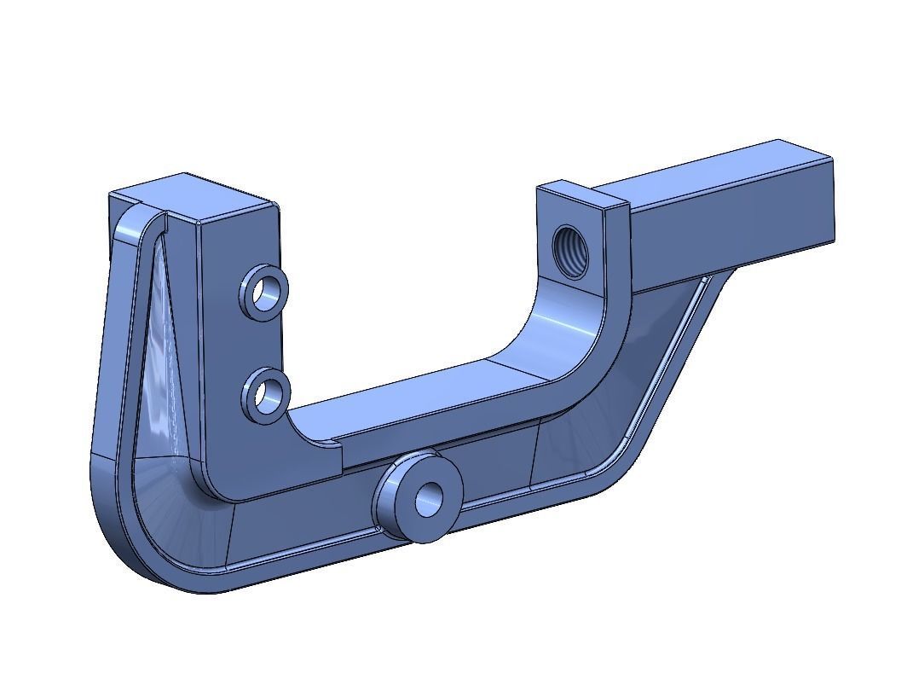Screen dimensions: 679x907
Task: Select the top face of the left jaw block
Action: tap(192, 196)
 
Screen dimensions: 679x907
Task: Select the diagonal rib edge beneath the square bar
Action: tap(673, 367)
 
